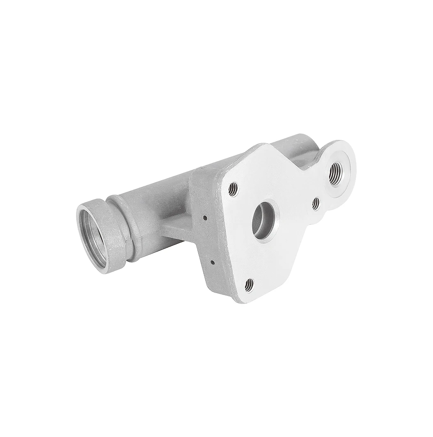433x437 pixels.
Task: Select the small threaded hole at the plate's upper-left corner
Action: coord(233,188)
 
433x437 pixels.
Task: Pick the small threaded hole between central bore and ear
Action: coord(316,203)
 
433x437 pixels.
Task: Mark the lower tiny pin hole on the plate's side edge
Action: coord(212,261)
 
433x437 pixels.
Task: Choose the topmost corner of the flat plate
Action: coord(263,144)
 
